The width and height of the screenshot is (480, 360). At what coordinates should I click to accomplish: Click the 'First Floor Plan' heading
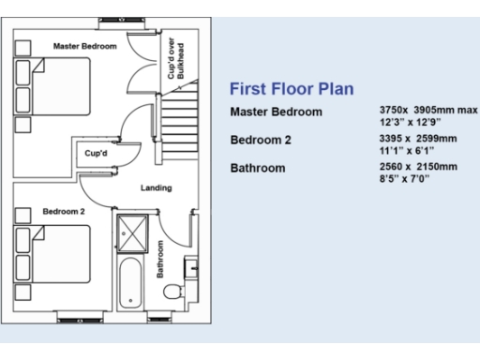pyautogui.click(x=292, y=90)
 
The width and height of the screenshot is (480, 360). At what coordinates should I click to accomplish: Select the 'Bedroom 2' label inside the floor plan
pyautogui.click(x=63, y=212)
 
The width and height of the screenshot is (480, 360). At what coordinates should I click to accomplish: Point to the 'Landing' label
pyautogui.click(x=156, y=188)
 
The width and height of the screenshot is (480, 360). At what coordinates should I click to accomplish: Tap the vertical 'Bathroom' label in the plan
pyautogui.click(x=160, y=260)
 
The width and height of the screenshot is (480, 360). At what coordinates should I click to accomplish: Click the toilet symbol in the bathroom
pyautogui.click(x=172, y=292)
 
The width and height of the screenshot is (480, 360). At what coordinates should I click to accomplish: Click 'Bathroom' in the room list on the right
pyautogui.click(x=261, y=169)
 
